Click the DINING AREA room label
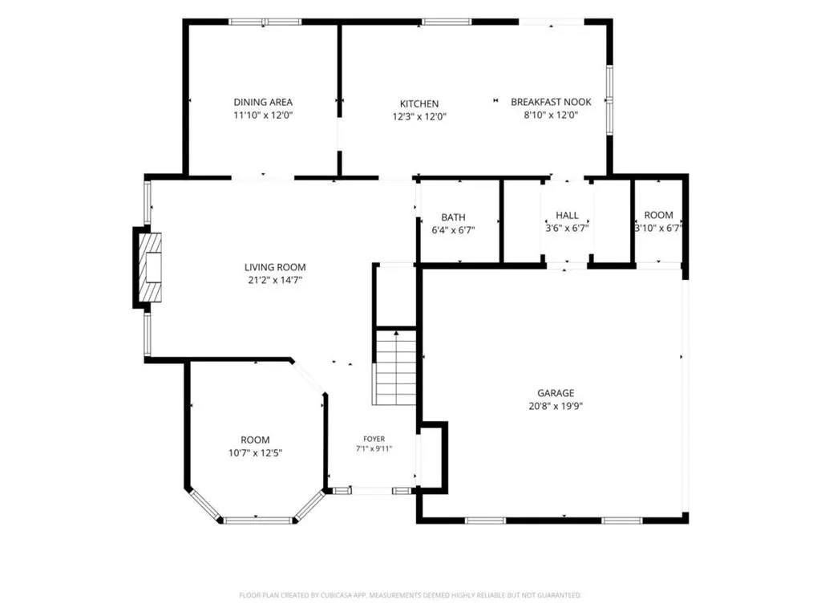point(263,102)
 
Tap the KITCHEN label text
point(419,103)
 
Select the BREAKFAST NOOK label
point(551,102)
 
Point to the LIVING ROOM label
point(275,267)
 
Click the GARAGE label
point(556,393)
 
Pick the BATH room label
point(453,217)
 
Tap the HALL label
point(567,215)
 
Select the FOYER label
point(374,439)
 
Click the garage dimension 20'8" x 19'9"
point(556,406)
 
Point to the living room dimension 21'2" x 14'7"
point(275,280)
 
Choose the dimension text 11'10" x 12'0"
point(263,115)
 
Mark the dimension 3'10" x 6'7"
point(658,228)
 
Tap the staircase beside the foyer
point(396,367)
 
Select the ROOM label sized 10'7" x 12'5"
point(255,440)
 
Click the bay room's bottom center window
point(257,520)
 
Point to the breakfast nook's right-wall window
point(609,99)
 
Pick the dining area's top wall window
point(265,22)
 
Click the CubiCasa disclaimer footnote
point(410,595)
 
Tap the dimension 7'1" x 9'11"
point(374,448)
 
